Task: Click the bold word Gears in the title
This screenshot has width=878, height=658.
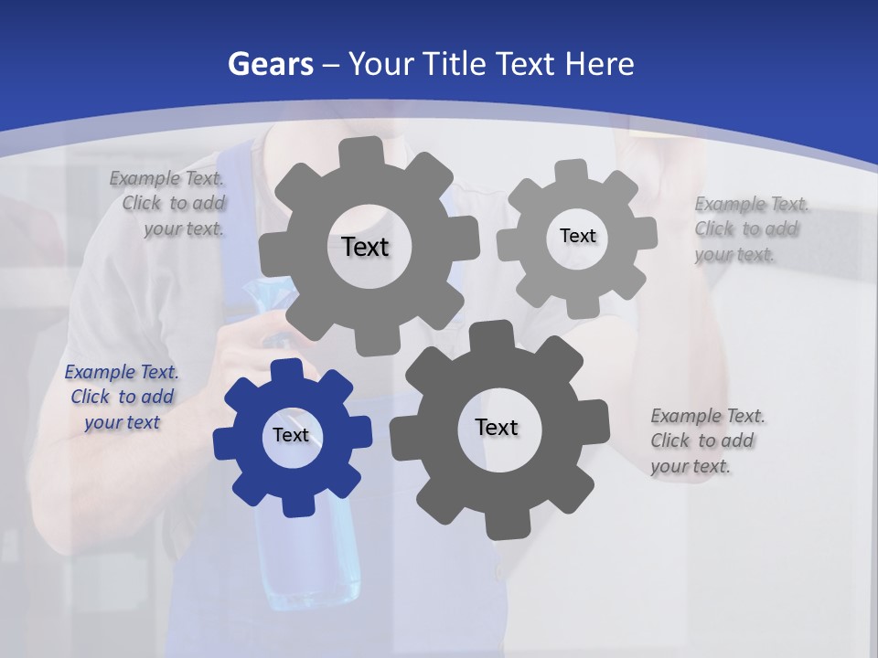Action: click(x=270, y=64)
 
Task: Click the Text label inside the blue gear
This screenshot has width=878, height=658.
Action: click(x=291, y=436)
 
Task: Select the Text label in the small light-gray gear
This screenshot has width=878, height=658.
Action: click(x=578, y=236)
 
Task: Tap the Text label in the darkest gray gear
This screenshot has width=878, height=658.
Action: click(x=497, y=428)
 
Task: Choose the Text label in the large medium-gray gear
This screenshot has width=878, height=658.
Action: click(x=365, y=247)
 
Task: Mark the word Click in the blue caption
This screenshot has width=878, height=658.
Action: click(x=90, y=398)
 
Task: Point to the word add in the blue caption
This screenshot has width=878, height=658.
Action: click(x=158, y=398)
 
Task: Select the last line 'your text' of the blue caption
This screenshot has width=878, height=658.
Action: click(x=123, y=422)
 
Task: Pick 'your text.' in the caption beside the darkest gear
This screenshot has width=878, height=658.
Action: click(x=691, y=466)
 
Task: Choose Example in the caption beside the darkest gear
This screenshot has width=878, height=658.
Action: click(x=686, y=416)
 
